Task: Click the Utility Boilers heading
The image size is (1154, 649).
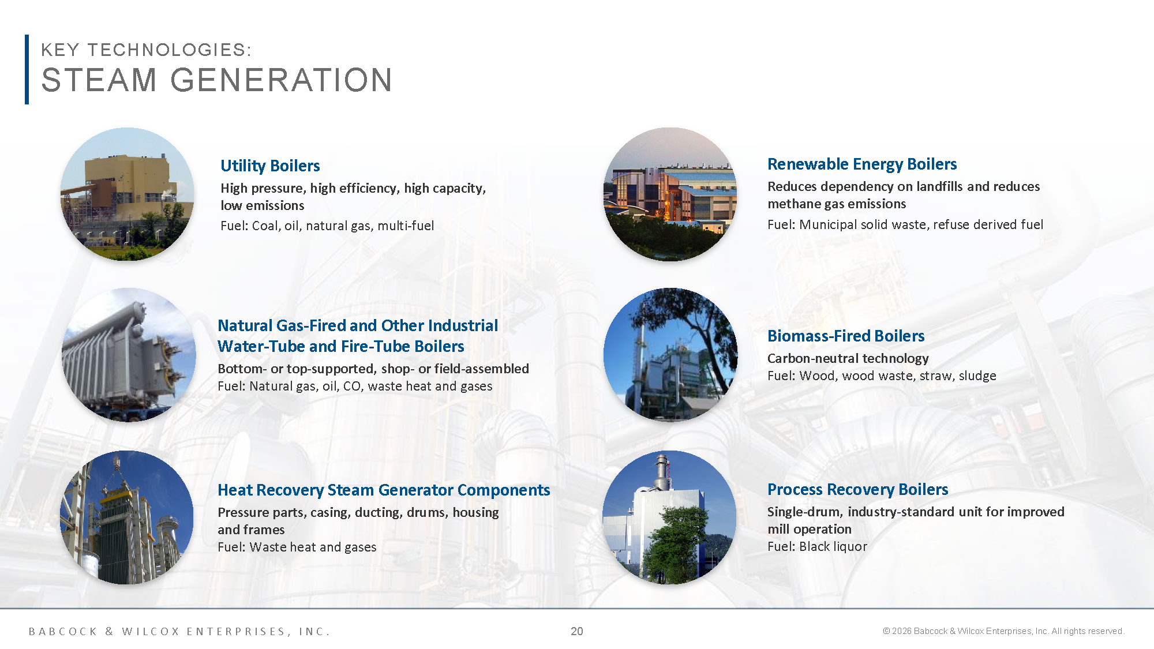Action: (270, 166)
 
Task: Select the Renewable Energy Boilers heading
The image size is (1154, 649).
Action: (861, 164)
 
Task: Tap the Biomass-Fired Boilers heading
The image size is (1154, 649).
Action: (845, 336)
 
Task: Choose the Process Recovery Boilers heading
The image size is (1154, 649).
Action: (857, 490)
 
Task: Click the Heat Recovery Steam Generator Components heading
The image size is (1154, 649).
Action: (383, 490)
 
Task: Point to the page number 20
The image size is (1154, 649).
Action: (576, 631)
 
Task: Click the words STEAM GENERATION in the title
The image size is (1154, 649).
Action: (216, 80)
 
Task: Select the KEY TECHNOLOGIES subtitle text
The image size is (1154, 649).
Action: (146, 50)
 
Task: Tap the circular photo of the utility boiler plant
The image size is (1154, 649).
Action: (127, 194)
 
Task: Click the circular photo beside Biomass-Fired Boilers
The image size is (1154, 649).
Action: (670, 355)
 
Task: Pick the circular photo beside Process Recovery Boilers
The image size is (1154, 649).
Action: (669, 517)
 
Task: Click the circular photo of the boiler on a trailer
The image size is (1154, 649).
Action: (128, 355)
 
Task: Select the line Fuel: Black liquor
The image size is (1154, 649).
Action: (816, 547)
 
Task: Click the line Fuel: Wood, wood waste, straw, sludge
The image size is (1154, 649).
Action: (881, 376)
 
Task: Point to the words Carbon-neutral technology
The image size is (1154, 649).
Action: (848, 359)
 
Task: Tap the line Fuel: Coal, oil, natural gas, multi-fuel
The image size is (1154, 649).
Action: (327, 226)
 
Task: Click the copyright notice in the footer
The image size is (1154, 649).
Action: (1003, 631)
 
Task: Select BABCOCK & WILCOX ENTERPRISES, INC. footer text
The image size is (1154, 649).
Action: (179, 632)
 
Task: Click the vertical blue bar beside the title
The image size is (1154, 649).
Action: (27, 69)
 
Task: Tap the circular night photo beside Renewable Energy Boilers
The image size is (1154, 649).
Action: (670, 194)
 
